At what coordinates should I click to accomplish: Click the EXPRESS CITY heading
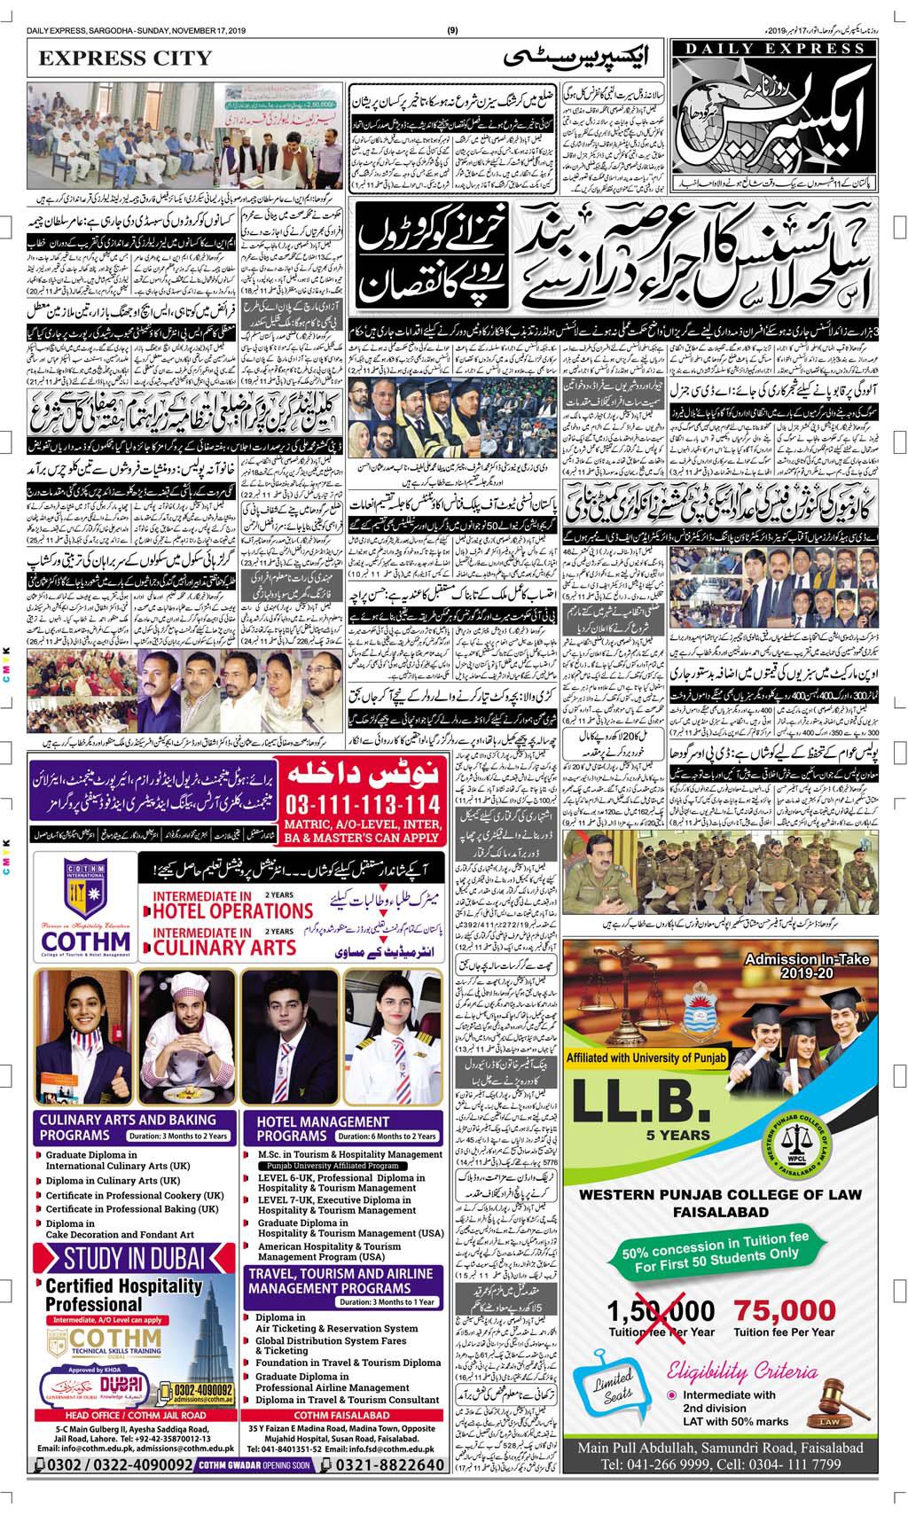[125, 59]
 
